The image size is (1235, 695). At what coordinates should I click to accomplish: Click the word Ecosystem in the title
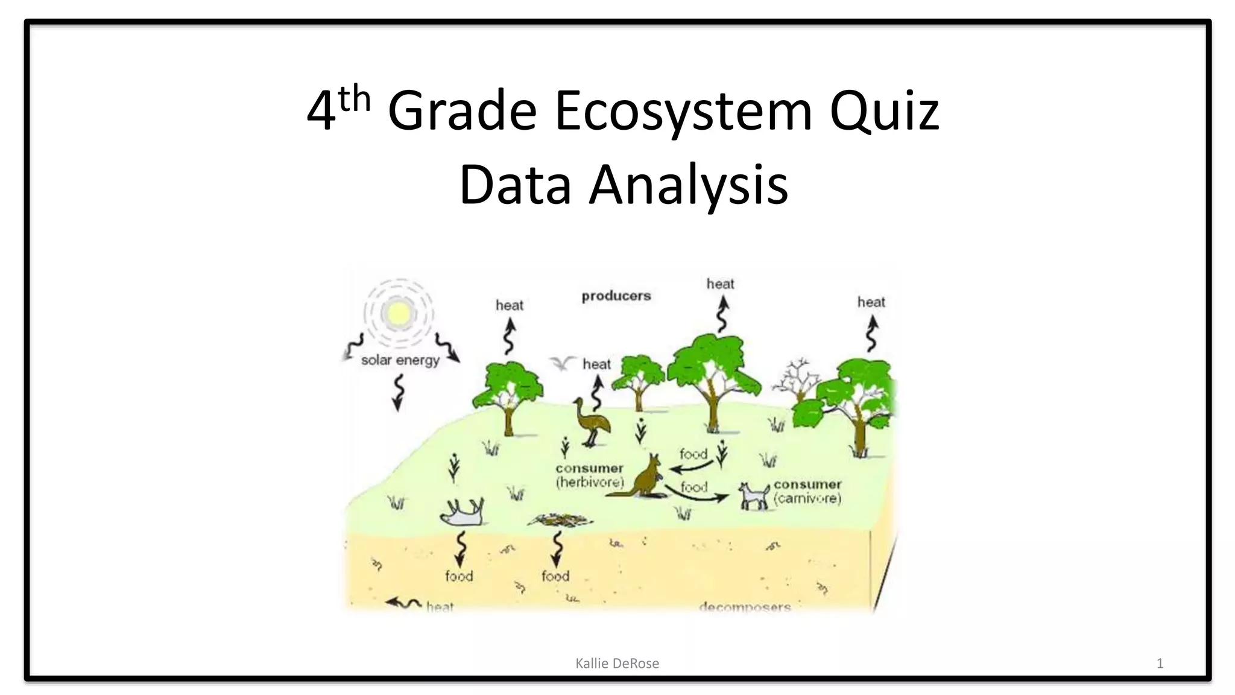tap(683, 111)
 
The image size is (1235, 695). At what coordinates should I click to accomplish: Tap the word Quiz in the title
tap(884, 111)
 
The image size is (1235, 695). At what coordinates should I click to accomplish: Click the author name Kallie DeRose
tap(617, 664)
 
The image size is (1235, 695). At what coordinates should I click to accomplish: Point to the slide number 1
tap(1160, 664)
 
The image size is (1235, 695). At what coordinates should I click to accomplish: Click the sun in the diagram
tap(399, 313)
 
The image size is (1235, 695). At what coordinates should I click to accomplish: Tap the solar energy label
tap(400, 360)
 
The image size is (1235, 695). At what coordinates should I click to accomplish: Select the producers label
tap(616, 296)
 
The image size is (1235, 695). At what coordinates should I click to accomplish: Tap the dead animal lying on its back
tap(463, 512)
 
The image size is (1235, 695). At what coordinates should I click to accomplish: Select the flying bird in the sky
tap(562, 363)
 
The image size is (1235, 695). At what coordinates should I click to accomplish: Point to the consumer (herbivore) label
tap(589, 475)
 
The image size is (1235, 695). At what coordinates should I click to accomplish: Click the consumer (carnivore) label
tap(807, 491)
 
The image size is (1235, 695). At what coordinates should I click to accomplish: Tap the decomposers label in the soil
tap(745, 606)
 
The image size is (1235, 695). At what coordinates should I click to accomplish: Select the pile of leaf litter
tap(560, 519)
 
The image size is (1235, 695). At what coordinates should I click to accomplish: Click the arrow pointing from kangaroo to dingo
tap(696, 492)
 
